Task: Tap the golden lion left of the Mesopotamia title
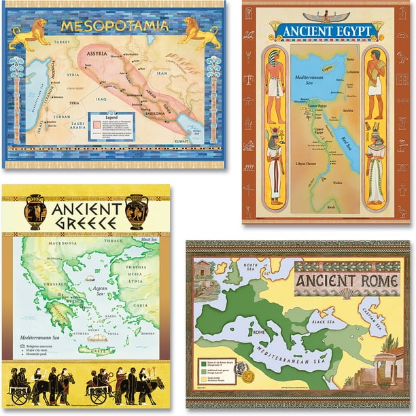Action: coord(31,33)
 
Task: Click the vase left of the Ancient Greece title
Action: coord(35,213)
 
